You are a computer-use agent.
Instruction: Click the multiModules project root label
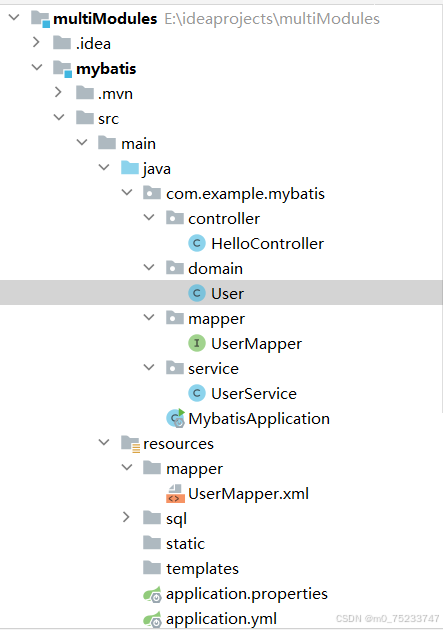104,18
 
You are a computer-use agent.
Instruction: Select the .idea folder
93,43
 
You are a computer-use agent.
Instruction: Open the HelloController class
267,243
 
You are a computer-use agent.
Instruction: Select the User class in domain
227,293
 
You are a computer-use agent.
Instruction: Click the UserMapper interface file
256,343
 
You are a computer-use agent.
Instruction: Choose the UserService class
253,393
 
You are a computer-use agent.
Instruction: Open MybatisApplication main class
259,418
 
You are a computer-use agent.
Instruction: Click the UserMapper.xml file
248,493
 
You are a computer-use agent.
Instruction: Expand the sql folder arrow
125,518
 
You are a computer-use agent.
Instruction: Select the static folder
185,543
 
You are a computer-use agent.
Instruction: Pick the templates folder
202,568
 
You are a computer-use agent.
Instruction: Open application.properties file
246,593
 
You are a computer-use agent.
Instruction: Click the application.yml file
221,618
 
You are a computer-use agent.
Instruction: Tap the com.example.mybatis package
245,193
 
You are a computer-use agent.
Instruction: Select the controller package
224,218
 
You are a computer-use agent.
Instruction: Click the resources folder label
178,443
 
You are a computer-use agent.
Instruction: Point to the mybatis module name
106,68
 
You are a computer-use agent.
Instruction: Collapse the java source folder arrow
103,168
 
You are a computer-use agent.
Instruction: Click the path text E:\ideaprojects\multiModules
272,18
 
